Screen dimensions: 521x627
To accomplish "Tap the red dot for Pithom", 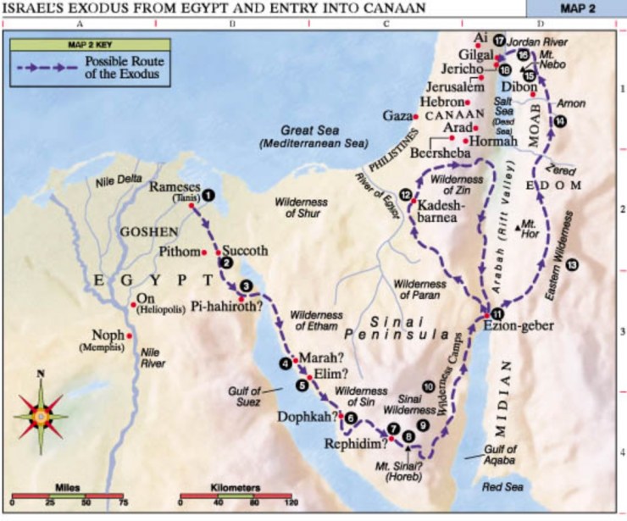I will (204, 252).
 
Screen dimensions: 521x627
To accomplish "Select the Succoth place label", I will (247, 252).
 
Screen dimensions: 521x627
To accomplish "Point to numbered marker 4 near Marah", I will (285, 364).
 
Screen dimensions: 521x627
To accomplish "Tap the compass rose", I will (39, 416).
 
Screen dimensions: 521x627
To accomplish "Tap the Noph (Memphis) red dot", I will (130, 335).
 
